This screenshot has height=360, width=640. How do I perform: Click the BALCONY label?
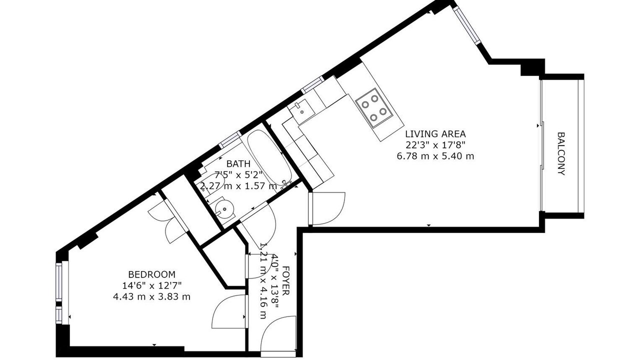pyautogui.click(x=561, y=153)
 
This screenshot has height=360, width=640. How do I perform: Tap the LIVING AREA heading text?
pyautogui.click(x=435, y=134)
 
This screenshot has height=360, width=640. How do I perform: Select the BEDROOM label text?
pyautogui.click(x=151, y=274)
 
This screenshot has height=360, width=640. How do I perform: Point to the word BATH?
pyautogui.click(x=238, y=163)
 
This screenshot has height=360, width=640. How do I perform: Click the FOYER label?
pyautogui.click(x=285, y=280)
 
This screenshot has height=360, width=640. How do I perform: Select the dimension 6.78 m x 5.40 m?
pyautogui.click(x=435, y=156)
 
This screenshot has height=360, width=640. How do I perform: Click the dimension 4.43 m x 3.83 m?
pyautogui.click(x=151, y=297)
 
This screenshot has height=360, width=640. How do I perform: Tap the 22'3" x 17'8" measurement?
pyautogui.click(x=435, y=145)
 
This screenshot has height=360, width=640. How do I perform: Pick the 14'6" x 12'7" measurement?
pyautogui.click(x=151, y=285)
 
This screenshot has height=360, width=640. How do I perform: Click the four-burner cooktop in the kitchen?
pyautogui.click(x=374, y=108)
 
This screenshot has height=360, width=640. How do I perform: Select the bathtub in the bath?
pyautogui.click(x=269, y=157)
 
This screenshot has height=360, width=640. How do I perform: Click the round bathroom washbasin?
pyautogui.click(x=224, y=209)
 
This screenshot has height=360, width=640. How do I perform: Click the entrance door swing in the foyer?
pyautogui.click(x=279, y=333)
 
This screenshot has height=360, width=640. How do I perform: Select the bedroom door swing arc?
pyautogui.click(x=229, y=311)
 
